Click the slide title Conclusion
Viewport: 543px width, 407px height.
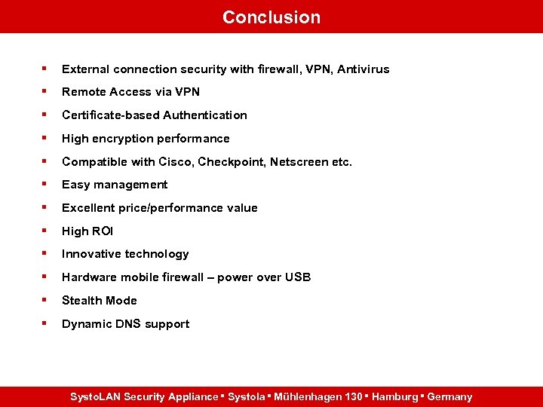[271, 17]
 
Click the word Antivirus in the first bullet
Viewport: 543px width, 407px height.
[364, 69]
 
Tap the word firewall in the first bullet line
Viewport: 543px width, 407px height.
[256, 69]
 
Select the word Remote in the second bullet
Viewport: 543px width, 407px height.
[84, 92]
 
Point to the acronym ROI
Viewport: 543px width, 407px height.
[102, 231]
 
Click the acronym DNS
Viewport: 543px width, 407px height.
[126, 324]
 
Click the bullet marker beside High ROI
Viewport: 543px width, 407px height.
[45, 231]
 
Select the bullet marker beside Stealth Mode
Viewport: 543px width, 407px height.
[45, 300]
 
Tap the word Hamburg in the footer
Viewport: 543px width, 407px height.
[391, 396]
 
